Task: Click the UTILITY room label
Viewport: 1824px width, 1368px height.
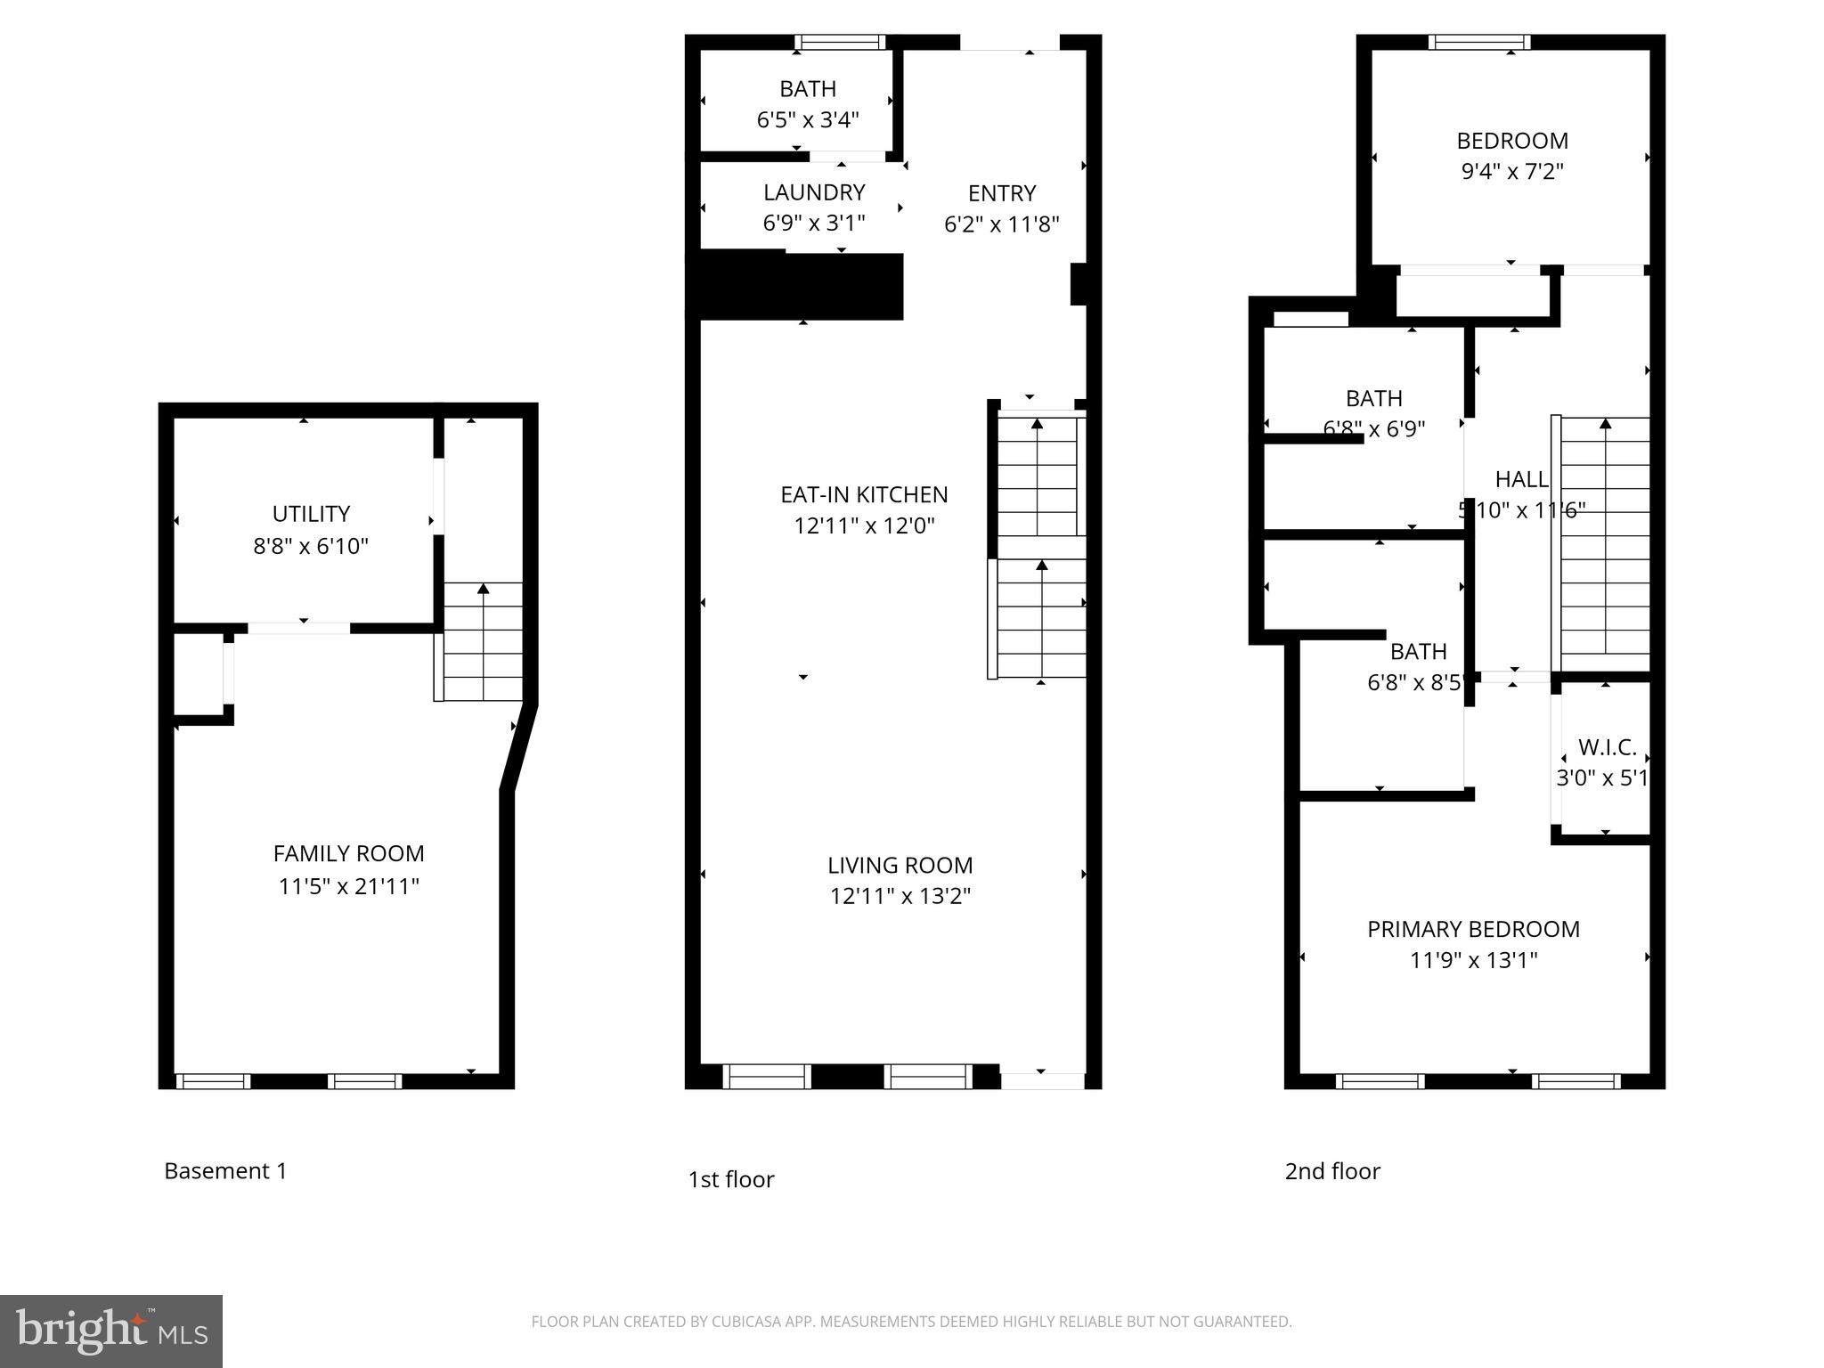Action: tap(311, 514)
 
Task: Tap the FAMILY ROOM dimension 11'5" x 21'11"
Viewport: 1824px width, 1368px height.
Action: tap(348, 886)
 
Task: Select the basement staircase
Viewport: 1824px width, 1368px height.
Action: tap(483, 641)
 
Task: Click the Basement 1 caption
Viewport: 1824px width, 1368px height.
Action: tap(225, 1170)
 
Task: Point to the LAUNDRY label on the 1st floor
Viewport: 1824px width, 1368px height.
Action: tap(814, 192)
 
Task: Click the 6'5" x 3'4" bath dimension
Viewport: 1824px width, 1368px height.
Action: tap(808, 119)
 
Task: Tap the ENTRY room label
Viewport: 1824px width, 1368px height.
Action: tap(1002, 193)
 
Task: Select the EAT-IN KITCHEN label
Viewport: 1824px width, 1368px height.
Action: tap(864, 494)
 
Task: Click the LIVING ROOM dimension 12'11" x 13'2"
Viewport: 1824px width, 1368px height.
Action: tap(900, 895)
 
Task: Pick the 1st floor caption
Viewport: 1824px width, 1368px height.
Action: tap(730, 1179)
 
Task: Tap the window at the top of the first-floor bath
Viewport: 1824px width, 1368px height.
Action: tap(840, 42)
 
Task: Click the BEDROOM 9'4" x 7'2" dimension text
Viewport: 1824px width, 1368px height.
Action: tap(1512, 171)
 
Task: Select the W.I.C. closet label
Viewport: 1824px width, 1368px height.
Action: tap(1607, 747)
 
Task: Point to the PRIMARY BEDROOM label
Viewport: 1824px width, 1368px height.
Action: tap(1473, 929)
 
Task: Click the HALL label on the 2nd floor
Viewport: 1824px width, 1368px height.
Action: tap(1521, 479)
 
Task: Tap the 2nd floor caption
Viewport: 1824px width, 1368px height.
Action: tap(1331, 1171)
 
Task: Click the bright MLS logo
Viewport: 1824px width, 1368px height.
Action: tap(111, 1331)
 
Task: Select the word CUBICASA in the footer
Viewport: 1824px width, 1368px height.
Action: tap(745, 1322)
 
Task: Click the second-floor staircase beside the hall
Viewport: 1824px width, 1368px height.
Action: tap(1605, 543)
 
